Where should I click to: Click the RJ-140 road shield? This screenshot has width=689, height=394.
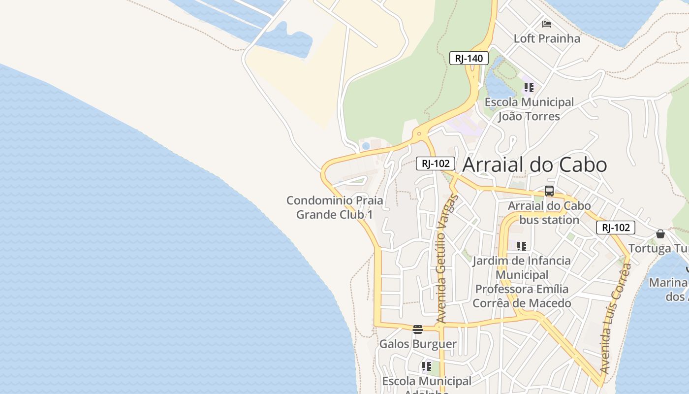pyautogui.click(x=469, y=59)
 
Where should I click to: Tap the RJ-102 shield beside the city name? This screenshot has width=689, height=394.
pyautogui.click(x=435, y=164)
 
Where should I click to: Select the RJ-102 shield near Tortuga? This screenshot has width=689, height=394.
pyautogui.click(x=615, y=228)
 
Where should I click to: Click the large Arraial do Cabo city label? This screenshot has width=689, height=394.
pyautogui.click(x=534, y=164)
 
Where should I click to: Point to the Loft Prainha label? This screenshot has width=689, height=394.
pyautogui.click(x=547, y=38)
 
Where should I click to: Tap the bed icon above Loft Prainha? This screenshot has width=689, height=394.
pyautogui.click(x=546, y=24)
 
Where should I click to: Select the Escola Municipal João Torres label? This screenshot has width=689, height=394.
pyautogui.click(x=529, y=109)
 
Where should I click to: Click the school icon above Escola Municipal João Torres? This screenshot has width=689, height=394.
pyautogui.click(x=529, y=88)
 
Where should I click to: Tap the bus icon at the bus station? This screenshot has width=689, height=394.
pyautogui.click(x=549, y=191)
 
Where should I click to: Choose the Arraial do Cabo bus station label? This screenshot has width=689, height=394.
pyautogui.click(x=549, y=213)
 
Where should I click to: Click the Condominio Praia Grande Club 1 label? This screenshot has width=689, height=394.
pyautogui.click(x=335, y=208)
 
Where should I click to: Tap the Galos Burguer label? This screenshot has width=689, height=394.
pyautogui.click(x=418, y=344)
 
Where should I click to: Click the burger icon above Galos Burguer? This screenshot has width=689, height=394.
pyautogui.click(x=418, y=329)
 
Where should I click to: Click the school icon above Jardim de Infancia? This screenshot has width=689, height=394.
pyautogui.click(x=521, y=246)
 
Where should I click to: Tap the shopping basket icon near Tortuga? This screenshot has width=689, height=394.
pyautogui.click(x=660, y=233)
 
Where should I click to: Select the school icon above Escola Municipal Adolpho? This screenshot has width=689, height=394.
pyautogui.click(x=426, y=366)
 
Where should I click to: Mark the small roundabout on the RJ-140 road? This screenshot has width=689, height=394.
pyautogui.click(x=419, y=133)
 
